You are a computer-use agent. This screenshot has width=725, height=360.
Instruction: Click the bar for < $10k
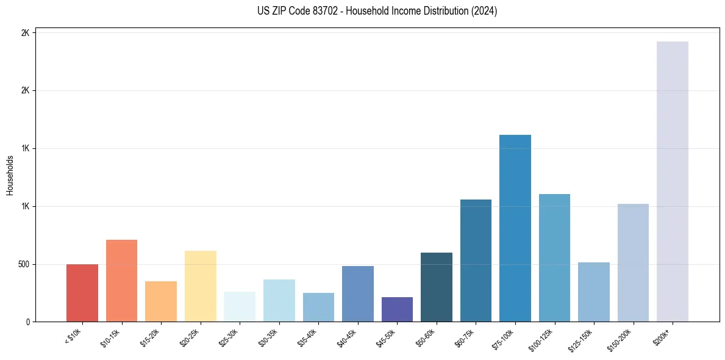coord(82,293)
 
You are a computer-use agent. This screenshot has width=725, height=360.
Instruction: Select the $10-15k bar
coord(121,281)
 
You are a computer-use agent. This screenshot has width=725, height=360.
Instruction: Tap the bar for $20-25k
coord(200,286)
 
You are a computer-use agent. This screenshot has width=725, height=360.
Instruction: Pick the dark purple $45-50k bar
coord(397,309)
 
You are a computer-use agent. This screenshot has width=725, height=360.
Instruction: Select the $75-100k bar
coord(515,228)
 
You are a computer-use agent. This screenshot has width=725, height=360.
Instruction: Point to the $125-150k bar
coord(593,292)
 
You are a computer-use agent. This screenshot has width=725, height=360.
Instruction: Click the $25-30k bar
coord(239,306)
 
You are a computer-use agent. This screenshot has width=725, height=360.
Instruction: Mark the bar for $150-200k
coord(633,262)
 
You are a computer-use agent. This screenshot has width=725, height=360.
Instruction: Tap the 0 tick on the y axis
coord(28,322)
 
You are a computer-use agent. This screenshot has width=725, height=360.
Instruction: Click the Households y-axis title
coord(10,175)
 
